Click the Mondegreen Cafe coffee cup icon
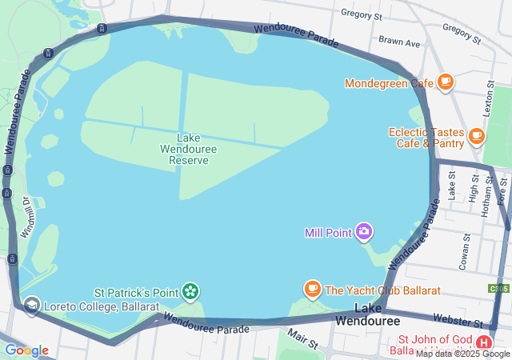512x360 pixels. coord(446,82)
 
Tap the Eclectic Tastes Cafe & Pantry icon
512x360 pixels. coord(477,135)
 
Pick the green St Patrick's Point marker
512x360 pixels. coord(190,290)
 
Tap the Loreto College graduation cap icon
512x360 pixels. coord(31,306)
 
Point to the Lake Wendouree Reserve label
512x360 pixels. coord(189,149)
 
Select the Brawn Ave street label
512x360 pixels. coord(399,41)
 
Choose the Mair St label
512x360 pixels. coord(303,339)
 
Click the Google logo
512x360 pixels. coord(26,350)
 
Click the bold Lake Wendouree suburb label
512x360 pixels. coord(367,314)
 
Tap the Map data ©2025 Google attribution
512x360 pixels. coord(462,354)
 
